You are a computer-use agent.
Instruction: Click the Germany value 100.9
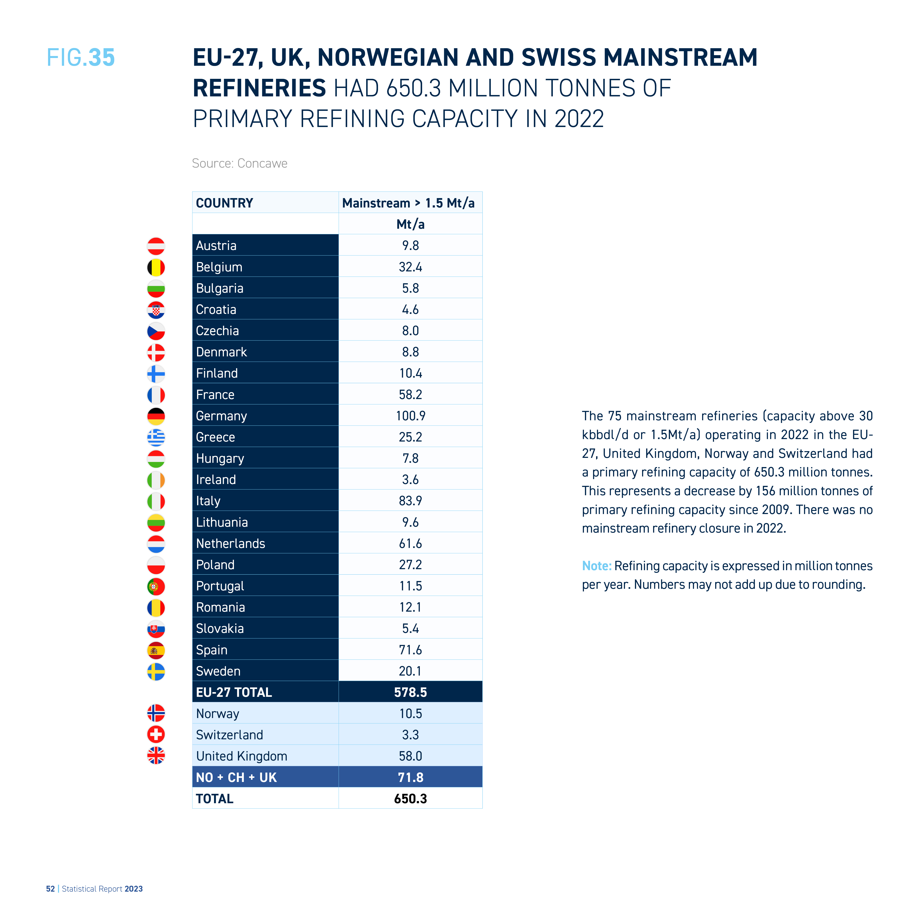pyautogui.click(x=410, y=416)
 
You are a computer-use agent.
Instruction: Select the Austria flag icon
pyautogui.click(x=156, y=246)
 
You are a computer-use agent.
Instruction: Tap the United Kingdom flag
pyautogui.click(x=156, y=755)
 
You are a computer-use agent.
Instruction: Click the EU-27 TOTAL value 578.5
pyautogui.click(x=410, y=692)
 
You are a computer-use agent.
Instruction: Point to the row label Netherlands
pyautogui.click(x=231, y=543)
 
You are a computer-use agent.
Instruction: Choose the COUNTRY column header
pyautogui.click(x=224, y=203)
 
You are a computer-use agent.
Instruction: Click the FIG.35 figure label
pyautogui.click(x=81, y=58)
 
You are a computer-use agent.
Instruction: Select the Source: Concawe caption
pyautogui.click(x=240, y=163)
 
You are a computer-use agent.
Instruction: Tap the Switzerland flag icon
pyautogui.click(x=156, y=734)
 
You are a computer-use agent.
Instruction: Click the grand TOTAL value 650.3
pyautogui.click(x=410, y=799)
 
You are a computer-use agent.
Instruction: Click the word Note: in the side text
pyautogui.click(x=597, y=565)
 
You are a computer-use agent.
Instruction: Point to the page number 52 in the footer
pyautogui.click(x=50, y=889)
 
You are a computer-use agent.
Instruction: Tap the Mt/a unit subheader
pyautogui.click(x=410, y=224)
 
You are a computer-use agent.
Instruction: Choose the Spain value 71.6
pyautogui.click(x=410, y=650)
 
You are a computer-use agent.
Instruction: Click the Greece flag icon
pyautogui.click(x=156, y=437)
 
